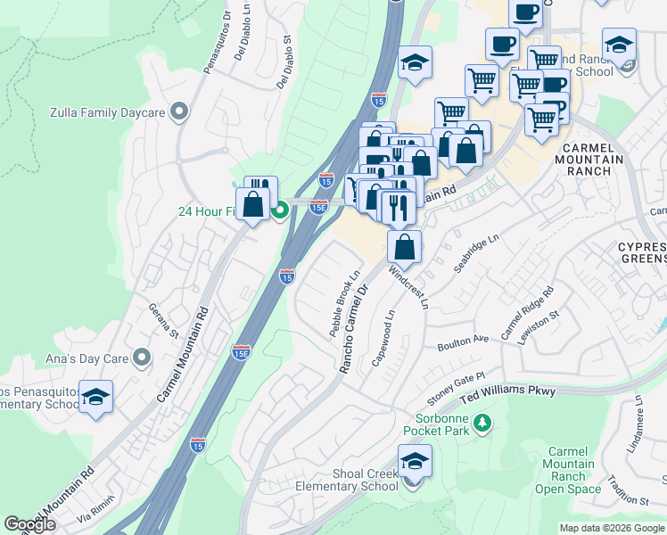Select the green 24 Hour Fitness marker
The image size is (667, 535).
coord(279,211)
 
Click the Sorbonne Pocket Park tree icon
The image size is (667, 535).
coord(482,423)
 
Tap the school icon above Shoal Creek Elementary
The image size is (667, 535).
coord(415,462)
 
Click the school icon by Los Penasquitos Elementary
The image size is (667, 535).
coord(95,398)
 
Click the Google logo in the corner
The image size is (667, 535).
coord(30,524)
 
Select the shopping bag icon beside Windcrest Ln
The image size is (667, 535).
coord(405,247)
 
